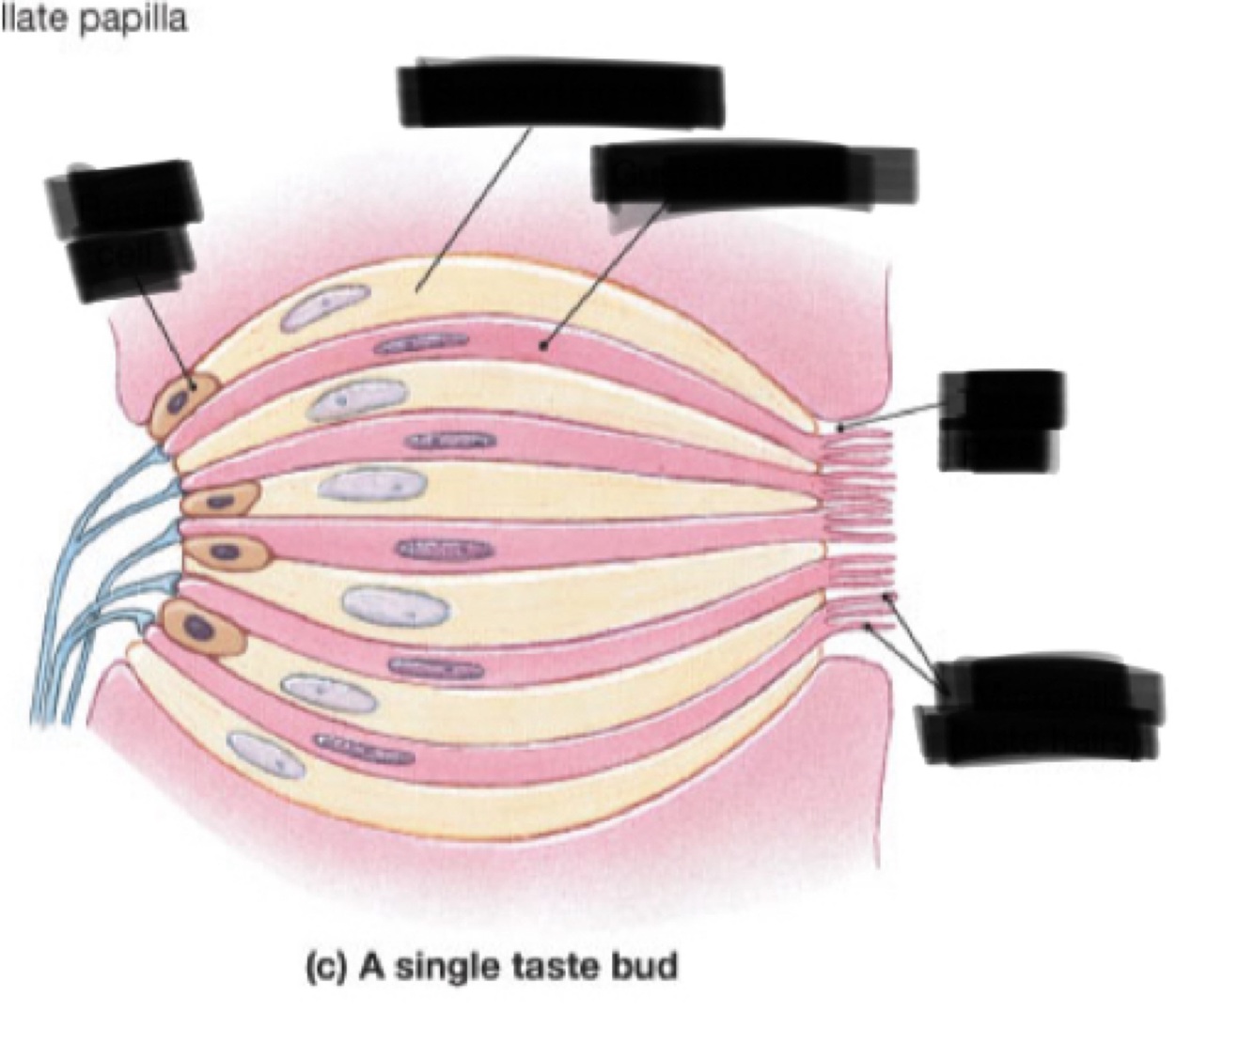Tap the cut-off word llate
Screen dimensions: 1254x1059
coord(35,18)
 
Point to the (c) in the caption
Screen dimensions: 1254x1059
coord(327,967)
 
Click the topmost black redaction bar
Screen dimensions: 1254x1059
coord(561,95)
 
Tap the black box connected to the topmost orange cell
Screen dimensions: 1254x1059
coord(125,229)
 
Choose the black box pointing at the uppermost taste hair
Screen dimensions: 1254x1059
coord(1002,419)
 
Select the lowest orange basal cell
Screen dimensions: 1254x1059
coord(203,627)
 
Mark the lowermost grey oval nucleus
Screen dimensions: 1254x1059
coord(266,755)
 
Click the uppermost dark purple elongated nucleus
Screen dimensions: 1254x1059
coord(421,344)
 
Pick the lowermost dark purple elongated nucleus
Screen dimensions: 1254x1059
coord(364,749)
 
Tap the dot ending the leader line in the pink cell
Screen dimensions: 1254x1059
coord(543,346)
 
